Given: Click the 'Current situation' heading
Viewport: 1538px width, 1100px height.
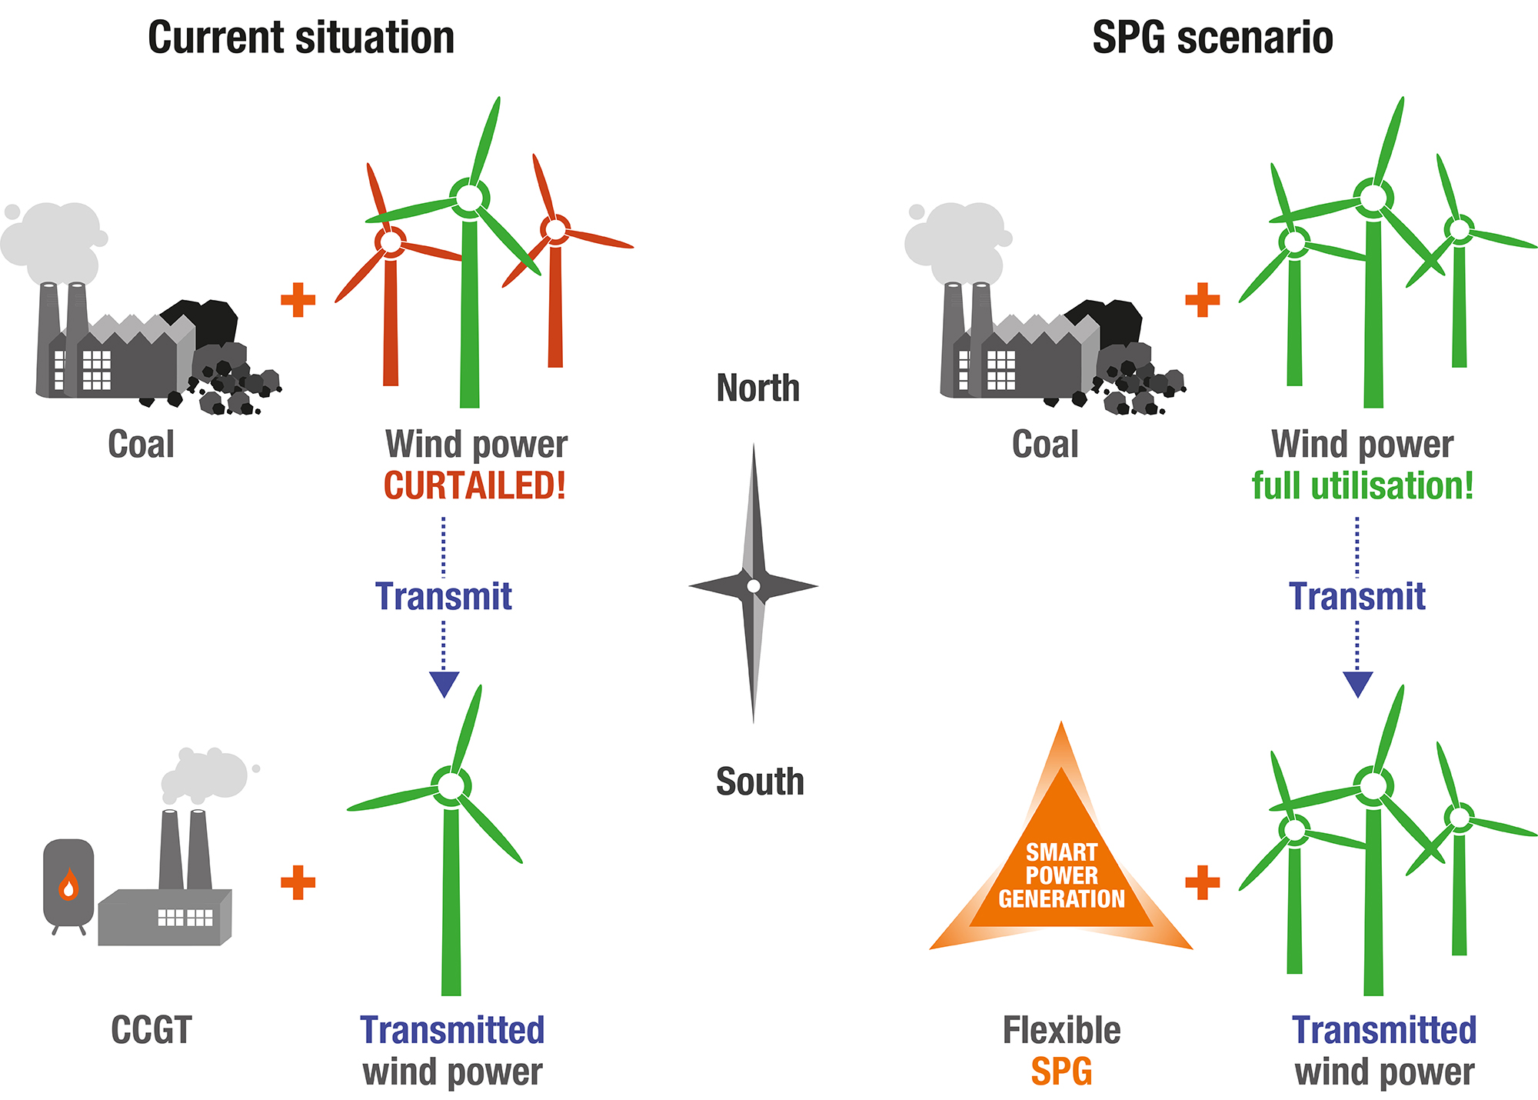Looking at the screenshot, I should pos(301,38).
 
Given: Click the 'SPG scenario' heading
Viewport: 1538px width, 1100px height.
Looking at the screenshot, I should pos(1212,38).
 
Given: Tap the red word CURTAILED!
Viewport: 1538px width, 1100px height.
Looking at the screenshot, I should pos(474,485).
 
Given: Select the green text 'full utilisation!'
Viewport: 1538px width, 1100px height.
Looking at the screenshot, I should pos(1362,485).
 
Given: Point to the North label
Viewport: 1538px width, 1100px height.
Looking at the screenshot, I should pos(757,388).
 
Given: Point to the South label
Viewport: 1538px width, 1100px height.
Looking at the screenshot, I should pos(760,782).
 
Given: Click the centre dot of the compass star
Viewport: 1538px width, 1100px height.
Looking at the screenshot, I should pos(754,586).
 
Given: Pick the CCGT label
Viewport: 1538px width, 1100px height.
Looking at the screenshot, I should pos(151,1030).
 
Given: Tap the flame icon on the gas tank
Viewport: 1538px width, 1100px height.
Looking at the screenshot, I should pos(69,885).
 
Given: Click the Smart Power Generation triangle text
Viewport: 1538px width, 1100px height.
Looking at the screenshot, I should pos(1061,875).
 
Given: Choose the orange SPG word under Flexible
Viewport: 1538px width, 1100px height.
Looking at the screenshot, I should pos(1061,1072).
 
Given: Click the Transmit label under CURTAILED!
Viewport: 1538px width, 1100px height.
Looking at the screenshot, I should pos(444,596).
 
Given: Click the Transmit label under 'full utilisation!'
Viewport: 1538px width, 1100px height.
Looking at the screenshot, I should pos(1357,596).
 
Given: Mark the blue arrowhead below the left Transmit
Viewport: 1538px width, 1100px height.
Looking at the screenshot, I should pos(444,683).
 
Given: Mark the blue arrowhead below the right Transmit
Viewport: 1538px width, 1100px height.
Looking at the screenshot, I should pos(1357,683).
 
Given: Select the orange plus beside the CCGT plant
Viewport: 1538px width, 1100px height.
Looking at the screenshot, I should pos(298,882).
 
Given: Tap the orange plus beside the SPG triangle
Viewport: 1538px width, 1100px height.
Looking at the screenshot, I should pos(1203,882).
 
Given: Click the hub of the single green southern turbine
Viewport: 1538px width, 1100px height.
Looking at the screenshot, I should pos(451,785).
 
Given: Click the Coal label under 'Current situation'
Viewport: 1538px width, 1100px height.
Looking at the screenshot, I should pos(141,444).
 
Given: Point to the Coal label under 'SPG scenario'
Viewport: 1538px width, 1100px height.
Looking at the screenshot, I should pos(1045,444).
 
